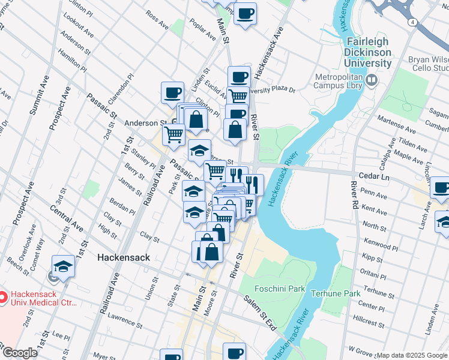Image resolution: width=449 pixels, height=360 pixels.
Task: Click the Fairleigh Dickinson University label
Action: click(x=366, y=52)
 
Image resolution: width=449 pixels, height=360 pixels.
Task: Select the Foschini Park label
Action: click(x=280, y=289)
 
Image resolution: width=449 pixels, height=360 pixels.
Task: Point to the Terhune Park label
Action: click(x=336, y=293)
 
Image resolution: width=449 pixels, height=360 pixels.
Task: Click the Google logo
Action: click(x=19, y=353)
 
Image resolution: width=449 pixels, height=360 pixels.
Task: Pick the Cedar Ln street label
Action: click(x=373, y=178)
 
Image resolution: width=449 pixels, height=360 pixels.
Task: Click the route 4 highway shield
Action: click(x=414, y=22)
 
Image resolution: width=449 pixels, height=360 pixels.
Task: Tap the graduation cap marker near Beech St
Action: click(x=63, y=266)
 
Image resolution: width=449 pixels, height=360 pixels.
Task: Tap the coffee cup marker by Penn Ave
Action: click(x=441, y=188)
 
